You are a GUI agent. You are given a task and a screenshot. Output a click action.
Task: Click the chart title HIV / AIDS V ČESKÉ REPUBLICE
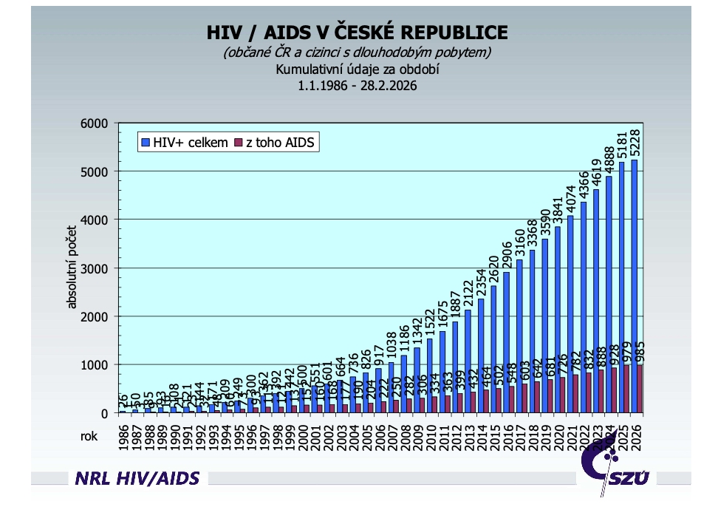pos(357,33)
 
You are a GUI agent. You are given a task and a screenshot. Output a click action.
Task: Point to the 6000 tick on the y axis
pos(115,123)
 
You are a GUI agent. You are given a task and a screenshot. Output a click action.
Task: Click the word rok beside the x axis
pos(89,436)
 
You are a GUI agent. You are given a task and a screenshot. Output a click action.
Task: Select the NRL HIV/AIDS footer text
pos(137,478)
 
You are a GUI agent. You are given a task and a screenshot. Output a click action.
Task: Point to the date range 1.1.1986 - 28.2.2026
pos(358,86)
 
